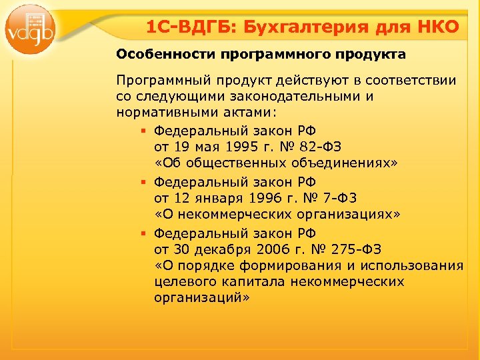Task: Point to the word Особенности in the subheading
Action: [153, 53]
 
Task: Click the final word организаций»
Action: [201, 299]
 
